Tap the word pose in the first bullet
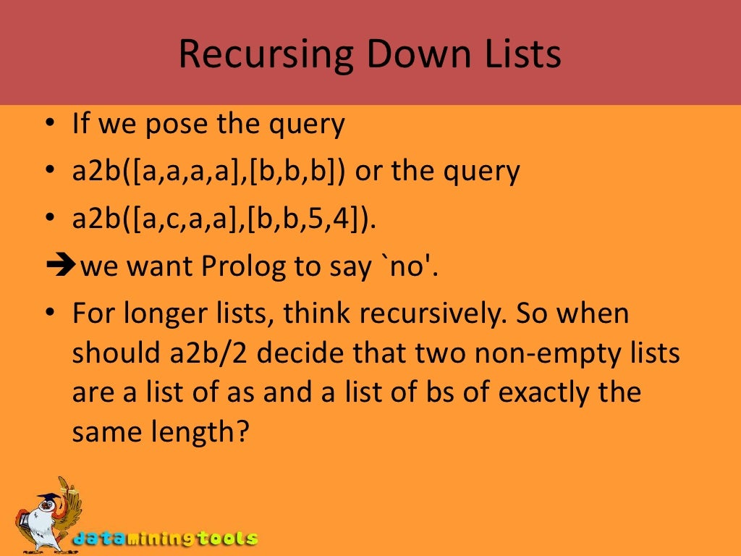point(177,125)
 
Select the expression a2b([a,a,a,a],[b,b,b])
point(209,172)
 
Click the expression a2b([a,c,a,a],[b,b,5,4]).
point(224,219)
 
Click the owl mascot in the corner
point(45,516)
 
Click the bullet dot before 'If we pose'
point(50,124)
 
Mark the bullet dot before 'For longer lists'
point(50,314)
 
